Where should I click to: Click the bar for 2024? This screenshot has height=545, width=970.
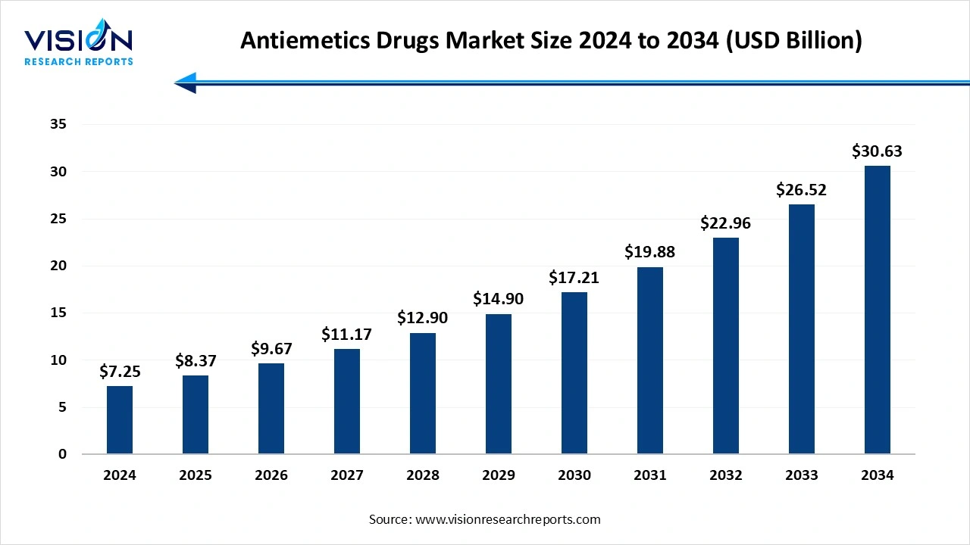pos(120,420)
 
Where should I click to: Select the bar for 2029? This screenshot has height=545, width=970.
pos(499,384)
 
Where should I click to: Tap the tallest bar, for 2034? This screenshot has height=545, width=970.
pos(878,310)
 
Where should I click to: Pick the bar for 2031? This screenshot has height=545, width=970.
pos(650,360)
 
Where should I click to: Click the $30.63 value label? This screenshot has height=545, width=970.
pos(877,151)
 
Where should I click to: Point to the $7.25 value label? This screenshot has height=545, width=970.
pos(120,372)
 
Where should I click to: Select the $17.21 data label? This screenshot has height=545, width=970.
pos(574,278)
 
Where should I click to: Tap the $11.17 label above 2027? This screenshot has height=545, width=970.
pos(346,334)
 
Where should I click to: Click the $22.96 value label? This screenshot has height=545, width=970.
pos(725,223)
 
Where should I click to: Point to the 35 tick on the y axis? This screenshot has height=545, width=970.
pos(58,125)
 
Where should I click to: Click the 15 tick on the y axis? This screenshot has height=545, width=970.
pos(58,313)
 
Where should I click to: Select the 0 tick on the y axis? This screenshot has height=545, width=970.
pos(63,454)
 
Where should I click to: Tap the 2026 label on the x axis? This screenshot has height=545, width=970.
pos(271,475)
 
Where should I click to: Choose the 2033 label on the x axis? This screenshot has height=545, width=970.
pos(802,475)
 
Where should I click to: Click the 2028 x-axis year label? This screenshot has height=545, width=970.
pos(423,475)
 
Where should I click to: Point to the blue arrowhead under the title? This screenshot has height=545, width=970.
pos(186,83)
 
